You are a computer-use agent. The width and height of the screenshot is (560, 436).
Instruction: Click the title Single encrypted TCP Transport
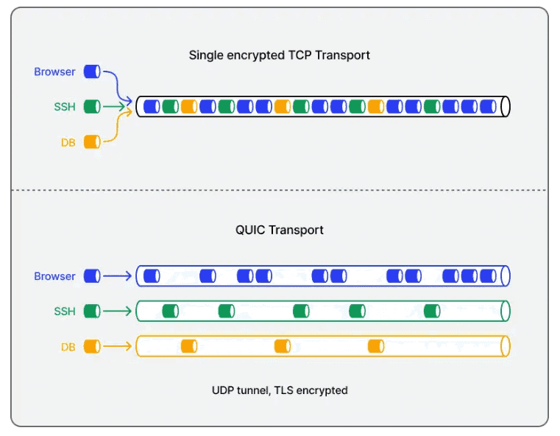tap(280, 55)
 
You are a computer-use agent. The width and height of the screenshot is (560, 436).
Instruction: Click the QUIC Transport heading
tap(280, 230)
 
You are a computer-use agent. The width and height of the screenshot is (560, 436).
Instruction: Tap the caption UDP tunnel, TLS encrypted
tap(280, 390)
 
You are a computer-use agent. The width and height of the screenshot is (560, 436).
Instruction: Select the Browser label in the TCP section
tap(54, 72)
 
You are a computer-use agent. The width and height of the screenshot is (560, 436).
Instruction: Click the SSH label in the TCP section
tap(65, 107)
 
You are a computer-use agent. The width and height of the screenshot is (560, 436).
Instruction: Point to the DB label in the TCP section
tap(68, 143)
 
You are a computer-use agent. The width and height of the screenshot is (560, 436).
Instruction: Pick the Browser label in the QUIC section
tap(54, 276)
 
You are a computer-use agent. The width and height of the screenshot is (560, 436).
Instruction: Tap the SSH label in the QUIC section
tap(65, 312)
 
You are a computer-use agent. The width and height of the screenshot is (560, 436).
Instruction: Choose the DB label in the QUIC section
tap(68, 347)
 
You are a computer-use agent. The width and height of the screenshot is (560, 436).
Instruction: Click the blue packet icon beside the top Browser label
tap(92, 71)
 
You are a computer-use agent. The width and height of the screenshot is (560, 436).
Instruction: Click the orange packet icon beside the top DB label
tap(92, 142)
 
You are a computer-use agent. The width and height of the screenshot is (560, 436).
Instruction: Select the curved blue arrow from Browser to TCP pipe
tap(117, 85)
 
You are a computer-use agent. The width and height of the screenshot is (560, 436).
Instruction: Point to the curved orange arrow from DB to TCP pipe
tap(117, 127)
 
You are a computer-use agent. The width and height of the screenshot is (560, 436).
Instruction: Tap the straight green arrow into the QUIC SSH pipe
tap(118, 312)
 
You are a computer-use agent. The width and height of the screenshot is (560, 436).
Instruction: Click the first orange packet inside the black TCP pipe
tap(189, 107)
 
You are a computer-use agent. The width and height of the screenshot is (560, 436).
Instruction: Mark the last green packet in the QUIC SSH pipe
tap(432, 311)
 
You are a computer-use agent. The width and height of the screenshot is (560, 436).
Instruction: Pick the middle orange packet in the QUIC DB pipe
tap(283, 346)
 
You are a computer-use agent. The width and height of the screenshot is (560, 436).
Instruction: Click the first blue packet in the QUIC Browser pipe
tap(152, 276)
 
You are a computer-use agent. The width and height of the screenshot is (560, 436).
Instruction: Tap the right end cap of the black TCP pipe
tap(506, 107)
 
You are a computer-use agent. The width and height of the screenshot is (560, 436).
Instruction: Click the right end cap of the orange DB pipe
tap(506, 346)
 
